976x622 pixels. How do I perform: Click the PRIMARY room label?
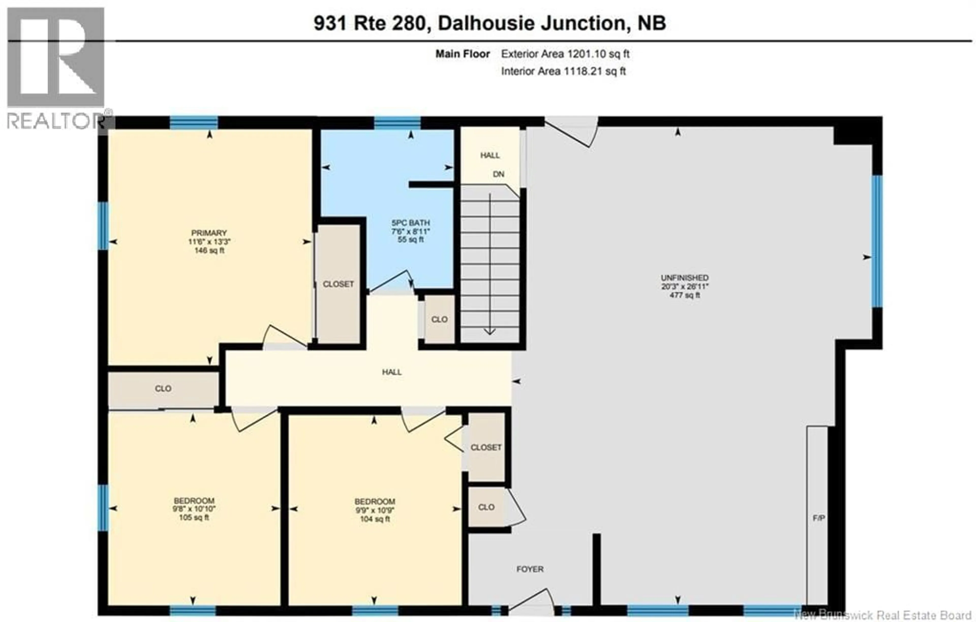209,233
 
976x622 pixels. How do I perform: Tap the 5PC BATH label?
410,223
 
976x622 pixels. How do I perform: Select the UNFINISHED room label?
684,278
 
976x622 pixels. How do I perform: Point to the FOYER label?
530,569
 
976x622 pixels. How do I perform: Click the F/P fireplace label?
818,518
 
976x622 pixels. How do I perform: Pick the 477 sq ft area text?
684,295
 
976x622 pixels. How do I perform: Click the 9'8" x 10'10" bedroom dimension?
194,509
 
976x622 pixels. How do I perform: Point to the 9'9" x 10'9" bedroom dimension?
374,510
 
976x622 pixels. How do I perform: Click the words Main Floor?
463,54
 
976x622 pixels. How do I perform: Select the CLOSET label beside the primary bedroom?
338,284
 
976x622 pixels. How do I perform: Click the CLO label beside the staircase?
439,319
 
